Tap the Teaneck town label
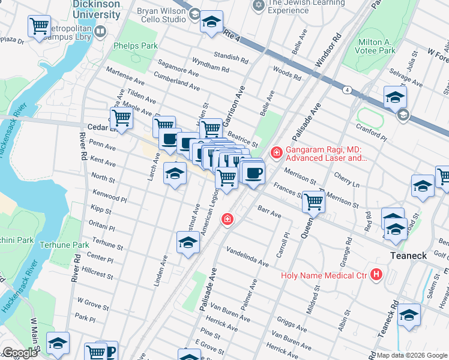tap(409, 256)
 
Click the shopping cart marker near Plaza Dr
tap(39, 26)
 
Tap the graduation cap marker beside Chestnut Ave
tap(188, 242)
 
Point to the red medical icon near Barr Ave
tap(228, 220)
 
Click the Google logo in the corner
tap(20, 353)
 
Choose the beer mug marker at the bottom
tap(110, 351)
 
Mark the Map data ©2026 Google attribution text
tap(412, 355)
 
